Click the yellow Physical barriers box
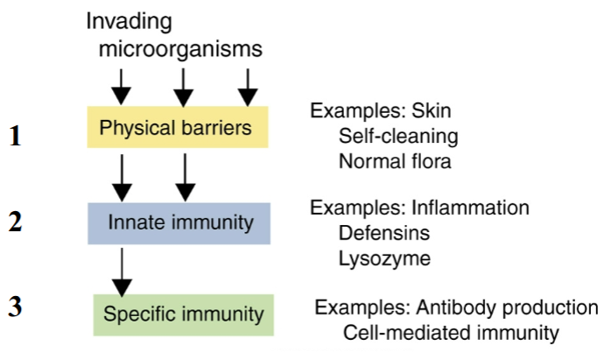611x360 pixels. tap(178, 127)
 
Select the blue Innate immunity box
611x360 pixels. tap(179, 223)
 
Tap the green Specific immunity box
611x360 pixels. tap(184, 315)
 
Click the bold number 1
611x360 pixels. tap(15, 136)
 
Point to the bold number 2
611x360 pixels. tap(15, 222)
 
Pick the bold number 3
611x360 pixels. tap(15, 307)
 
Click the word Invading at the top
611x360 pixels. tap(129, 21)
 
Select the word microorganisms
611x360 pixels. tap(180, 49)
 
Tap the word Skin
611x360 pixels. tap(432, 110)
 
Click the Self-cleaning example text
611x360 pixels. tap(398, 137)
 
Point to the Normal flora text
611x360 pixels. tap(395, 161)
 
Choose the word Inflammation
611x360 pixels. tap(470, 208)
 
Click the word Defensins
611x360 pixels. tap(383, 233)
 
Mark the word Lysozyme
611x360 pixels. tap(384, 259)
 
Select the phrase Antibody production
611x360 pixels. tap(507, 307)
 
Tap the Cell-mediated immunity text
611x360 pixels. tap(451, 333)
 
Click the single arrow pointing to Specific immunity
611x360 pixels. tap(122, 272)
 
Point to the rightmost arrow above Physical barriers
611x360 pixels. tap(248, 88)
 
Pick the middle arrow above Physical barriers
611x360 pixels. tap(183, 88)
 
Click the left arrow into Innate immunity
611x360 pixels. tap(122, 178)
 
